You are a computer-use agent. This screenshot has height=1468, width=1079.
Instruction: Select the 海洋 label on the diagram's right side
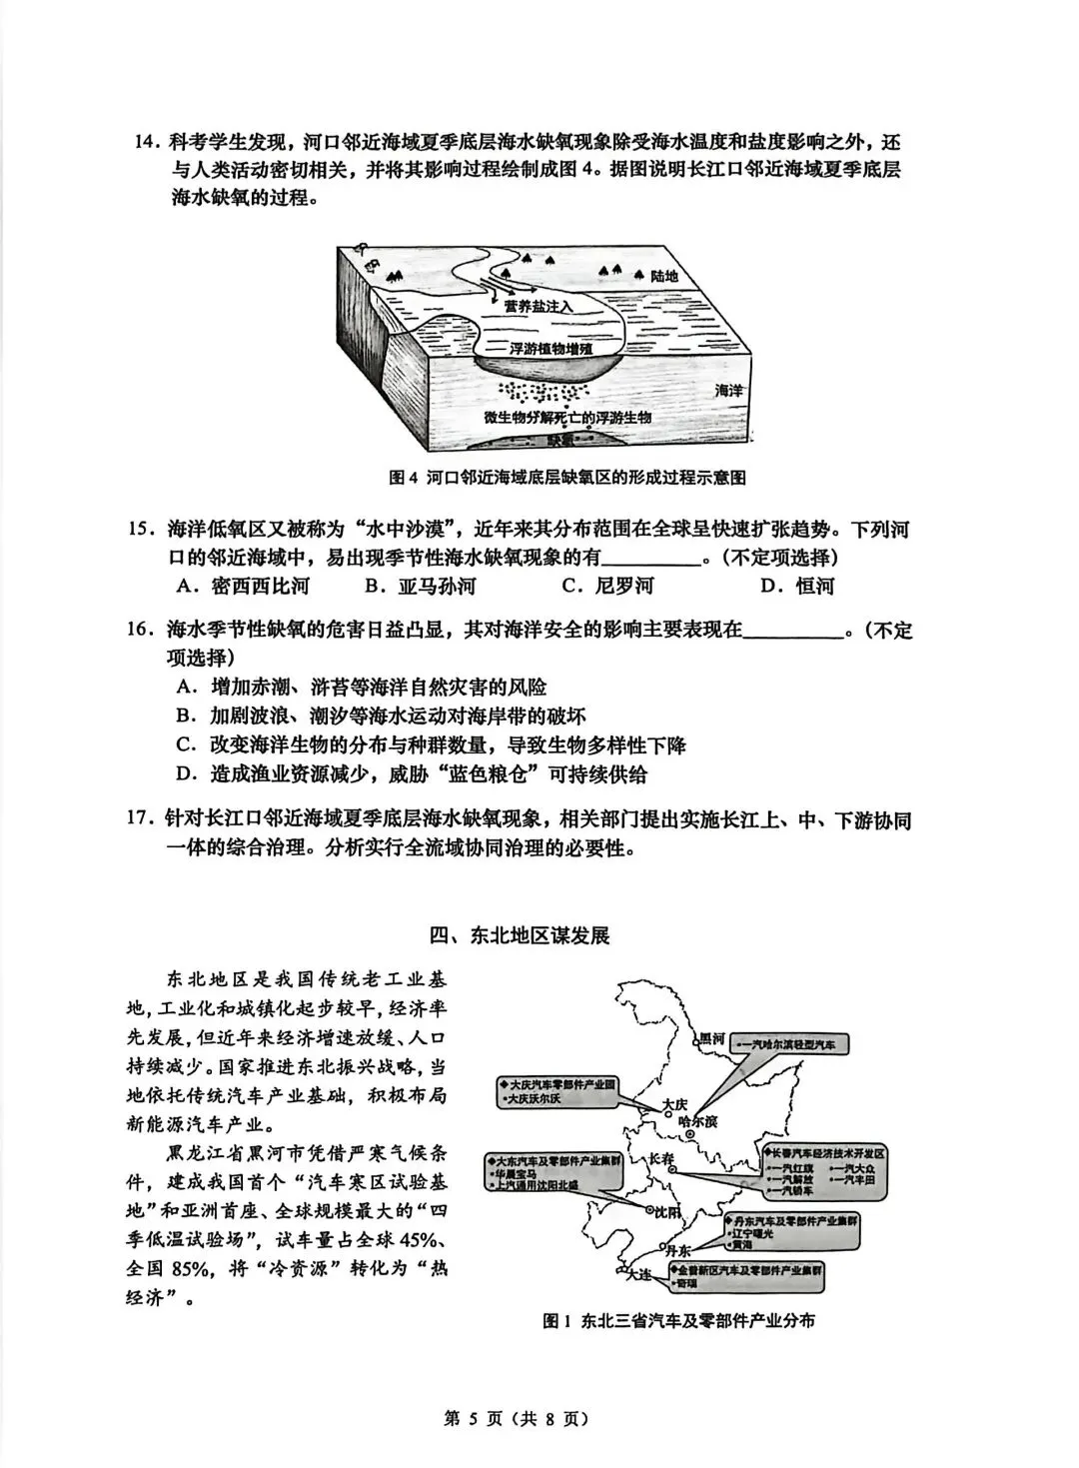733,392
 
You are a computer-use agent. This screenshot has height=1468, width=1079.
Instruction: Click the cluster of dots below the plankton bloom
544,391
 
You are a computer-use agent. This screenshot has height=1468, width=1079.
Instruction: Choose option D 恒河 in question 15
796,586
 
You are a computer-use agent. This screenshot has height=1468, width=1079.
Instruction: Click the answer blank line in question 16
794,632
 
